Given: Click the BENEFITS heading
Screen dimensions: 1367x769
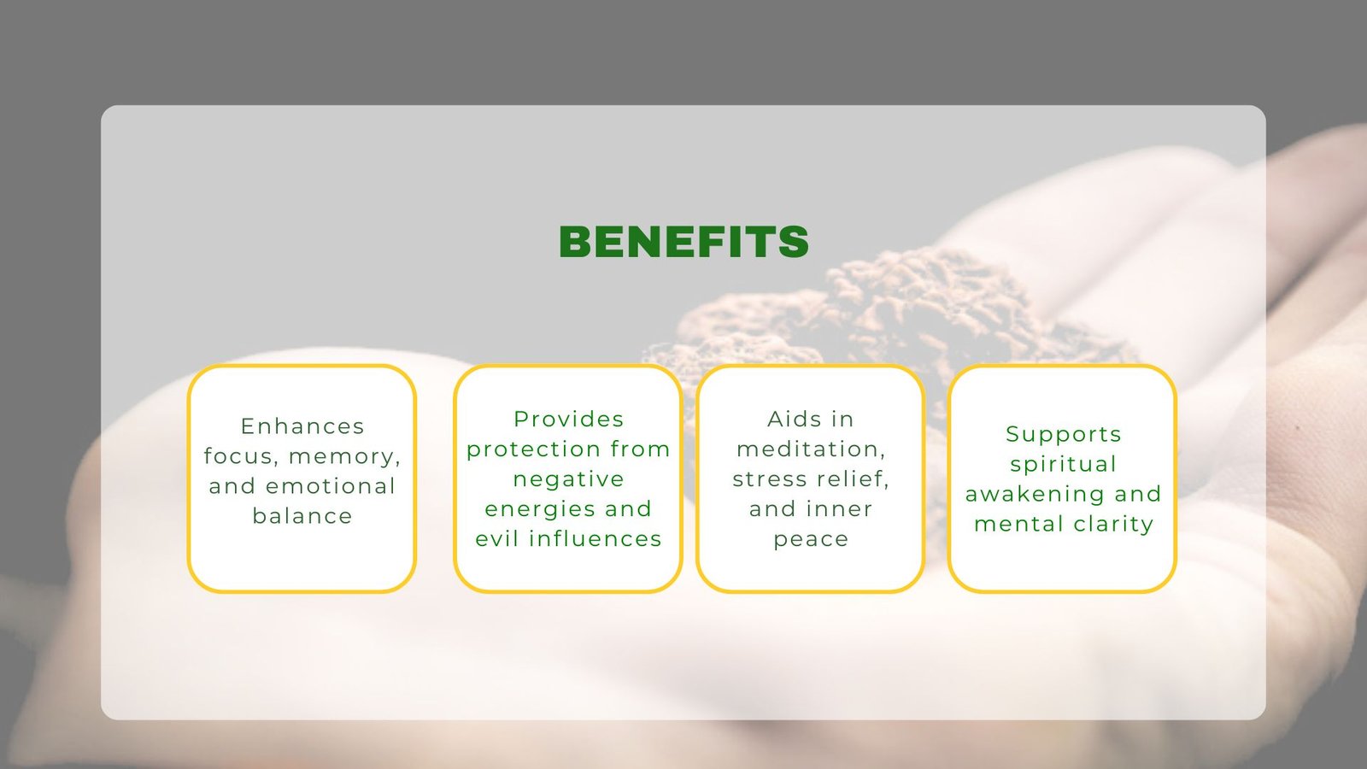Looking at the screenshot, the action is coord(683,241).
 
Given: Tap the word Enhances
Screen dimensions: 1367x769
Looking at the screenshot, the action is coord(302,426).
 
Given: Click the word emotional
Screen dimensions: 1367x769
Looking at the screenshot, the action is coord(331,486).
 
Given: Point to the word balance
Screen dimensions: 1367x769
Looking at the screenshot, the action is coord(302,516).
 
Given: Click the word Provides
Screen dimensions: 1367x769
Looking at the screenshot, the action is coord(569,419).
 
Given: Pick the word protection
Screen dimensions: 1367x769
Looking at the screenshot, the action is coord(534,449).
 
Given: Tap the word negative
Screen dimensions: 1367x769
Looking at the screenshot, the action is coord(569,479).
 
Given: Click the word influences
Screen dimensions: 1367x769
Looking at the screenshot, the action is coord(595,538).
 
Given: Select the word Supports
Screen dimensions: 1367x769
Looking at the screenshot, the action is coord(1064,435).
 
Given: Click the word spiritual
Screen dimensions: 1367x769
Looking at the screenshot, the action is coord(1064,465).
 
